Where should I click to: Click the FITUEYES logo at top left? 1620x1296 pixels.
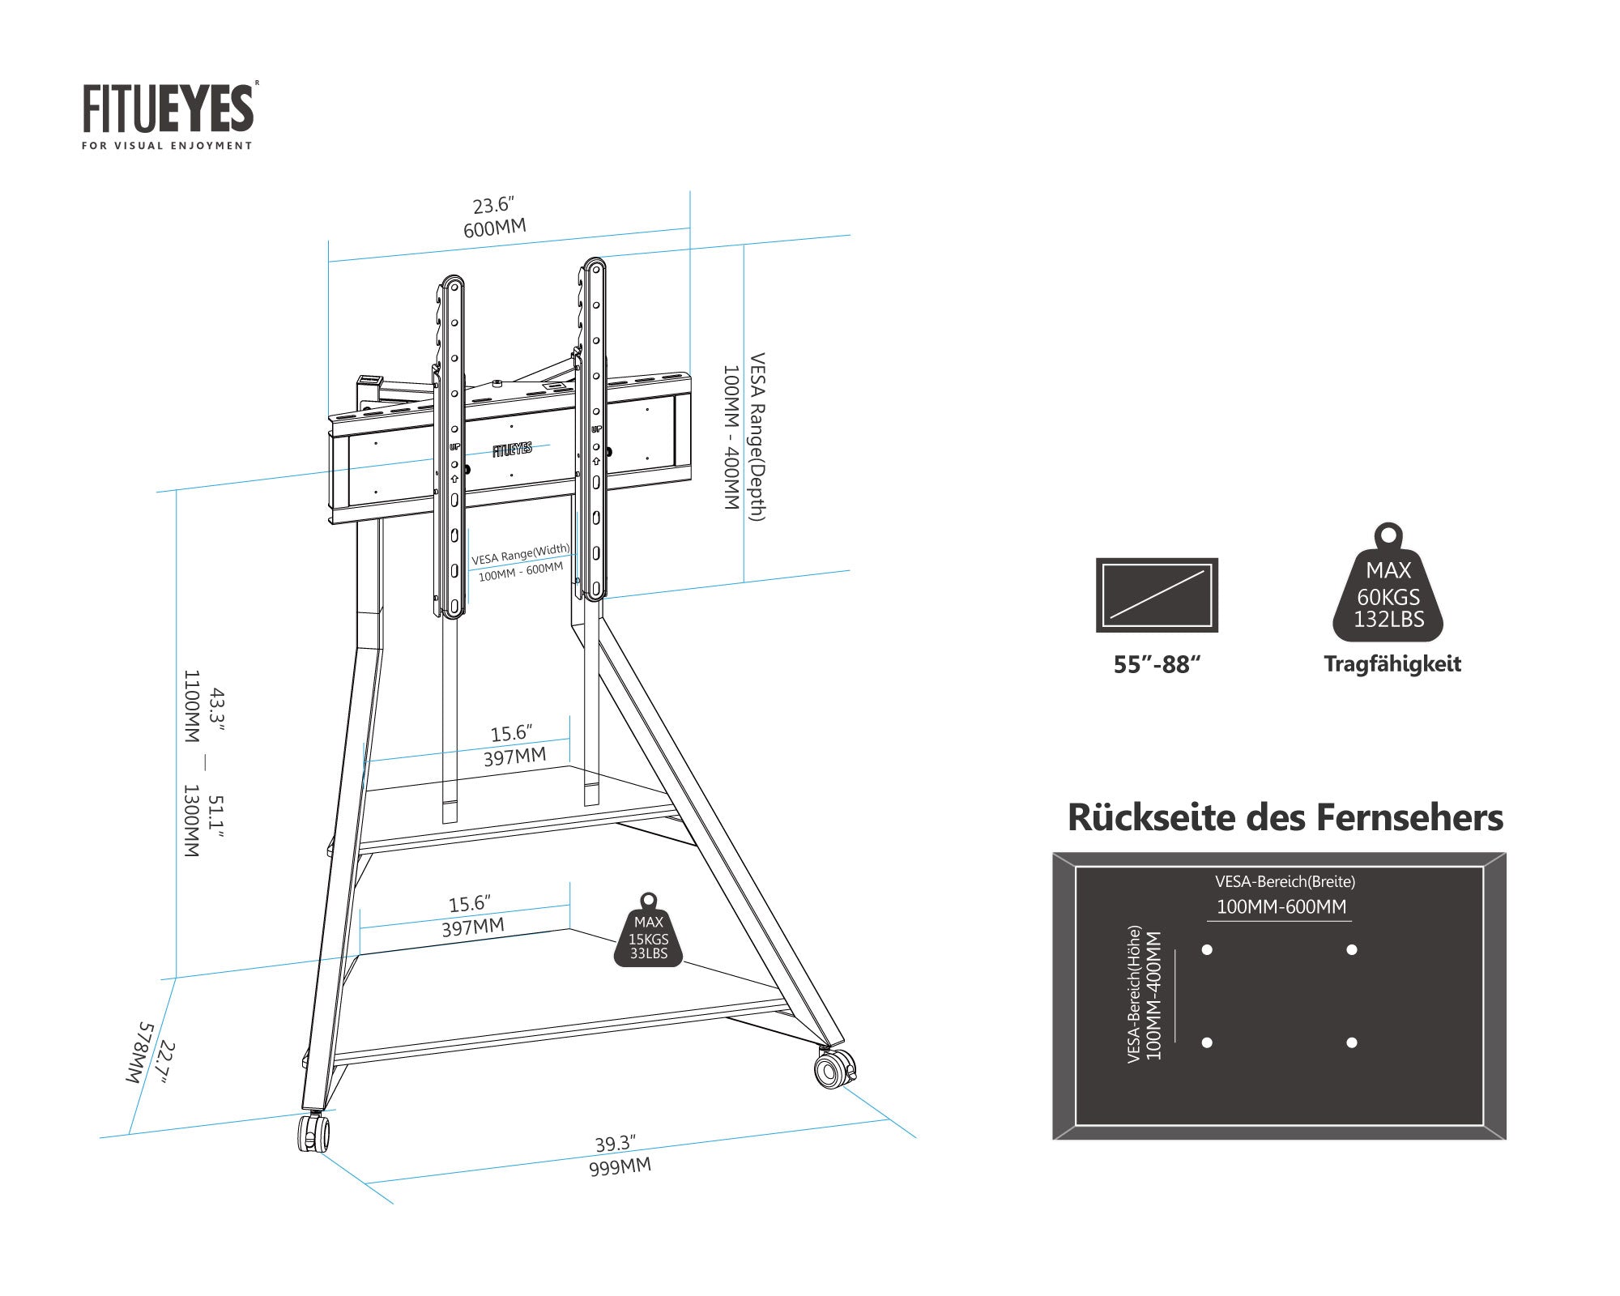click(168, 113)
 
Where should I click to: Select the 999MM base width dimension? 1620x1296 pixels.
click(620, 1167)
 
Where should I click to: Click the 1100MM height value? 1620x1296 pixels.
click(191, 706)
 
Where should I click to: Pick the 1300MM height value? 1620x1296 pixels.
click(191, 821)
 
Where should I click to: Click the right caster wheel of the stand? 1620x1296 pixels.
click(834, 1069)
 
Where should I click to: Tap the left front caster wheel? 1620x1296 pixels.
click(313, 1132)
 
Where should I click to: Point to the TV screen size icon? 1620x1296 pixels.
click(1157, 595)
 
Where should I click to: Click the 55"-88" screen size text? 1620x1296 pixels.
click(1156, 665)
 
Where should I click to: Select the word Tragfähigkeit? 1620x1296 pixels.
click(1392, 664)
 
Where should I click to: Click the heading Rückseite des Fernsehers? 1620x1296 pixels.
click(1285, 817)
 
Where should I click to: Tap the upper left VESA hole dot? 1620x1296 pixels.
click(1207, 949)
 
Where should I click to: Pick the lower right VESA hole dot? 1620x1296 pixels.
click(1351, 1042)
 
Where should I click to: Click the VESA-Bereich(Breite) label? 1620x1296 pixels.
click(1285, 881)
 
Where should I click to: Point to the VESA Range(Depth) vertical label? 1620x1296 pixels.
click(757, 437)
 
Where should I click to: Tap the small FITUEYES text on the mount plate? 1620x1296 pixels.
click(512, 449)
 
